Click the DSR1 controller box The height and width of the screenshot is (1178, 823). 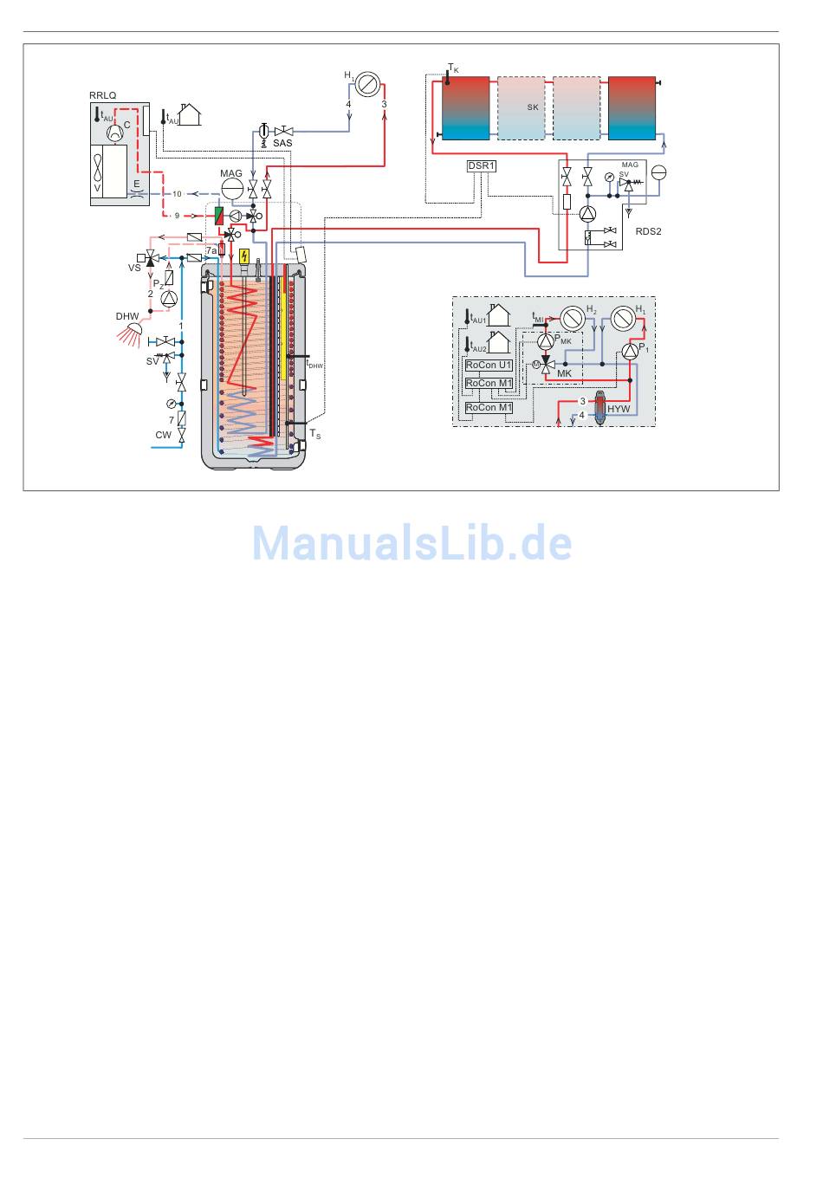click(x=482, y=166)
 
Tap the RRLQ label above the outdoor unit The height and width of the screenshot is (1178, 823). click(x=102, y=95)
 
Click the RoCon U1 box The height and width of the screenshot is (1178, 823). click(x=489, y=366)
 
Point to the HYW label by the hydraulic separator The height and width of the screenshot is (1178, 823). click(x=619, y=409)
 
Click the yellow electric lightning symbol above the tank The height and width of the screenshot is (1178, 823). click(x=245, y=256)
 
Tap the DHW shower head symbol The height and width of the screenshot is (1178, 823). click(x=133, y=330)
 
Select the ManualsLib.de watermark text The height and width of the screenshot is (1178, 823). click(x=411, y=543)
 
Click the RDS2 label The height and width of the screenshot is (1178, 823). click(x=648, y=231)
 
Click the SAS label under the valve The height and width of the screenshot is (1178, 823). click(x=282, y=143)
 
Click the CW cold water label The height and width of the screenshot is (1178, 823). click(x=163, y=435)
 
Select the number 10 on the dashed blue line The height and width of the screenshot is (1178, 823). click(x=177, y=194)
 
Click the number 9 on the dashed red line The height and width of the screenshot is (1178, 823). click(x=177, y=215)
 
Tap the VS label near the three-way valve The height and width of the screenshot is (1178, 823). click(x=134, y=269)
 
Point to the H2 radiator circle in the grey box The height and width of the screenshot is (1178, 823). click(x=571, y=318)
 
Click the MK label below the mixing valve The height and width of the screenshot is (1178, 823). click(x=564, y=373)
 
